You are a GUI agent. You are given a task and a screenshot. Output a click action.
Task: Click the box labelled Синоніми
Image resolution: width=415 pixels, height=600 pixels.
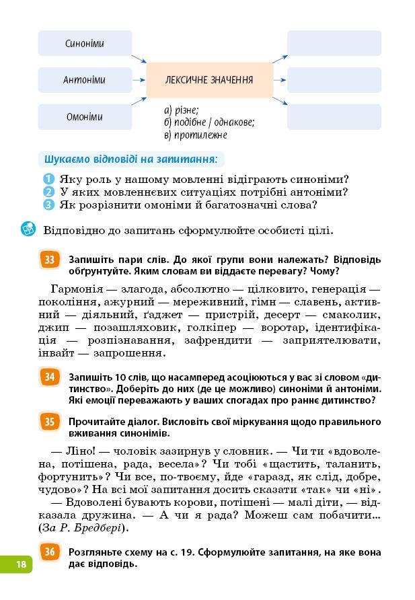[85, 44]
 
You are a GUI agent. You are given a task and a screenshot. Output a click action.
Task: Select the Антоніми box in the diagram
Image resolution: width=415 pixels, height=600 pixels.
[85, 80]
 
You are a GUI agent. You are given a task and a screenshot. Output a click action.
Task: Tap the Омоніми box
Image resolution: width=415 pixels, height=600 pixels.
[85, 116]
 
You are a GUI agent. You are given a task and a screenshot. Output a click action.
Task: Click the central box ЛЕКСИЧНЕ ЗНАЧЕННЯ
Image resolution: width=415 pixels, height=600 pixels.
[209, 80]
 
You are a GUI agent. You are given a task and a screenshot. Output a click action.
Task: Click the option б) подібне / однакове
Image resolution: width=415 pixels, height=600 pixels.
[209, 122]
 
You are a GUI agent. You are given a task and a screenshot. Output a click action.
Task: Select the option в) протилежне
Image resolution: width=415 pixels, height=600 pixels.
[196, 135]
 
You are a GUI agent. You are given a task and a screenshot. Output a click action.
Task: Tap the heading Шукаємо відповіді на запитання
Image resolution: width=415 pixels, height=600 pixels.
[131, 160]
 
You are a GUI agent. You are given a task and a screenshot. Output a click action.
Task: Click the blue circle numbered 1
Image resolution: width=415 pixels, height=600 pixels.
[48, 180]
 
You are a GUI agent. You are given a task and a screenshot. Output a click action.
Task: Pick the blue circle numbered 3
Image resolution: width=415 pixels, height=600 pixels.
[48, 205]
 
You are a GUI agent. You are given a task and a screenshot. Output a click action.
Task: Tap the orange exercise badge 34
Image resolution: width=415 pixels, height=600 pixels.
[50, 377]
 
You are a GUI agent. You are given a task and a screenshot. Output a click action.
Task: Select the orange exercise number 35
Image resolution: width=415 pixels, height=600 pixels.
[50, 422]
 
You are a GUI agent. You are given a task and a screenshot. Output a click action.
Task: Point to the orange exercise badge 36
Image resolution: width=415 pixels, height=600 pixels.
[50, 553]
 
